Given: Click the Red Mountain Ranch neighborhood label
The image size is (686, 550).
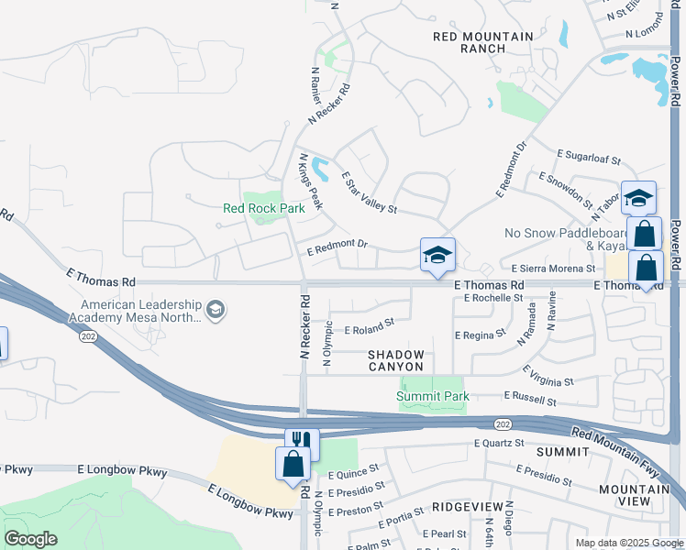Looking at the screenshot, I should tap(483, 42).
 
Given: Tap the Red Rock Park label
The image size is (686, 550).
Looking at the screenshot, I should tap(264, 208).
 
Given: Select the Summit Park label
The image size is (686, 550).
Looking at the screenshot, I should tap(433, 396).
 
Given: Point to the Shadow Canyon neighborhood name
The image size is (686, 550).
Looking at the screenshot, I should tap(396, 360).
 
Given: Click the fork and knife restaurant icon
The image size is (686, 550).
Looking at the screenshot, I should tap(303, 444).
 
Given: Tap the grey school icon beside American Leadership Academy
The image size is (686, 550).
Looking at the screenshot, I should tap(215, 311).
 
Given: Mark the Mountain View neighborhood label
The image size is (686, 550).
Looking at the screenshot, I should tap(634, 496).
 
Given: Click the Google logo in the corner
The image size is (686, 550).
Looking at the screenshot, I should tap(31, 539).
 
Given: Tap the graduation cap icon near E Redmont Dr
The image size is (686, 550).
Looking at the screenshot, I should tap(437, 254).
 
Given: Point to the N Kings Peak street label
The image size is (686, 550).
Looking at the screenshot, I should tap(310, 181).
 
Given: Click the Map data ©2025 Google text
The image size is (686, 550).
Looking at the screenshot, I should tap(628, 543).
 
